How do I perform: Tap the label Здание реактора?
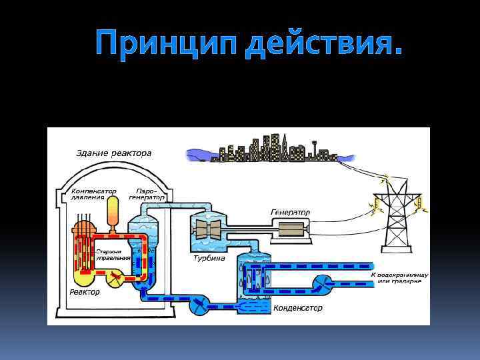(x=113, y=153)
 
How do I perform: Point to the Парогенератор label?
(x=146, y=193)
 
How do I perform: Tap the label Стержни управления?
(x=111, y=254)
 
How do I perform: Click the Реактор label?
(x=85, y=292)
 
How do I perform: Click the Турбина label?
(x=209, y=258)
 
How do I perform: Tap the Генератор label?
(x=290, y=212)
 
